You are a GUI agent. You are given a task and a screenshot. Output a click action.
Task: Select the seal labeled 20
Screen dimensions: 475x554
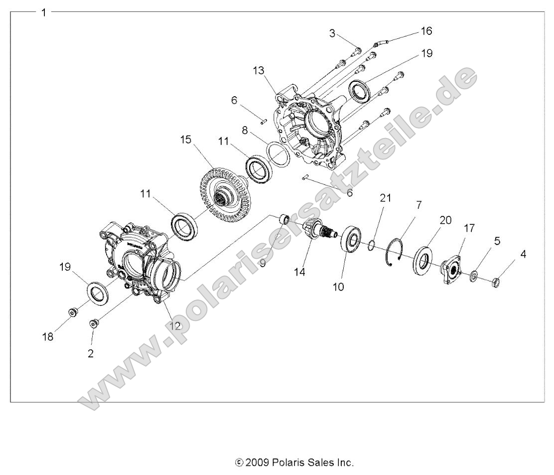click(x=422, y=262)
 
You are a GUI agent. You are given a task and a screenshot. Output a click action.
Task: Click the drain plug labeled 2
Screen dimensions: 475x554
click(x=93, y=324)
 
